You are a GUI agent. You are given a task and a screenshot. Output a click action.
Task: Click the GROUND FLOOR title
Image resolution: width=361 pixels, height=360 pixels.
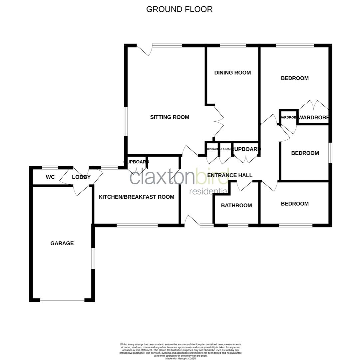pos(179,9)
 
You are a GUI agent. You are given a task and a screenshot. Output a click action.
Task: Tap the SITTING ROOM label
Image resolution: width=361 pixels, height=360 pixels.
pos(170,117)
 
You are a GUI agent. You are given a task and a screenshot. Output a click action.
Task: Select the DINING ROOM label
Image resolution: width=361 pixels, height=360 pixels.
pos(232,73)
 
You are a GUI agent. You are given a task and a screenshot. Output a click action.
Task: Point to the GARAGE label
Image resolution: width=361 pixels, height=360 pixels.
pos(62,243)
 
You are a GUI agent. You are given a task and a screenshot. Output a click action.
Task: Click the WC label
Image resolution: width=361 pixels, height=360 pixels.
pos(50,177)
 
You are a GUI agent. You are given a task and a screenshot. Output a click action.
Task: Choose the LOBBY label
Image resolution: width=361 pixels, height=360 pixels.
pos(81,177)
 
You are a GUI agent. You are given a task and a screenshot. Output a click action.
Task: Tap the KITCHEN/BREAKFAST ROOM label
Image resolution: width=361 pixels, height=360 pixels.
pos(136,197)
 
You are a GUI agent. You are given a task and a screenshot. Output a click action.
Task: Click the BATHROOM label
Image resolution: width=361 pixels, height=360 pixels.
pos(236,205)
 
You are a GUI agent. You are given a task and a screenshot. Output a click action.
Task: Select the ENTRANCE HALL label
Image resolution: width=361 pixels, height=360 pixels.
pos(230,175)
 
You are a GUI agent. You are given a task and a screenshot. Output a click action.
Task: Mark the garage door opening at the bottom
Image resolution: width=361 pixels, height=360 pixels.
pos(62,300)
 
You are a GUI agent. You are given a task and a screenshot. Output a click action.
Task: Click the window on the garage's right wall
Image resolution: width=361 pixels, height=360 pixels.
pos(93,258)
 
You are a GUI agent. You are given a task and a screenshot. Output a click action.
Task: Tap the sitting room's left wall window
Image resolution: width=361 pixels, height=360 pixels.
pos(126,121)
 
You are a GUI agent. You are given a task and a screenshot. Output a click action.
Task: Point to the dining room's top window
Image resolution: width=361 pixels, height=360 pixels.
pos(233,46)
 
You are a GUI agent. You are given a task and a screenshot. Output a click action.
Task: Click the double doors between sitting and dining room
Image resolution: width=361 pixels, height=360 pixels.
pos(219,122)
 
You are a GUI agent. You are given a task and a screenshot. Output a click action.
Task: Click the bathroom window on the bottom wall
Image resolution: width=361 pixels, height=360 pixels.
pos(238,226)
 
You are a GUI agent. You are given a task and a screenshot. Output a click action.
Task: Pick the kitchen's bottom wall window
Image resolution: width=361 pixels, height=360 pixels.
pos(137,226)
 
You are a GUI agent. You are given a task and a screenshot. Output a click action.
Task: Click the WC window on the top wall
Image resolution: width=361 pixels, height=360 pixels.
pos(50,168)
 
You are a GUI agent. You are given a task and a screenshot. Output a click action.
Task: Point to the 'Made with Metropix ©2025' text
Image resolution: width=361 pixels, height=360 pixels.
pos(180,358)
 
